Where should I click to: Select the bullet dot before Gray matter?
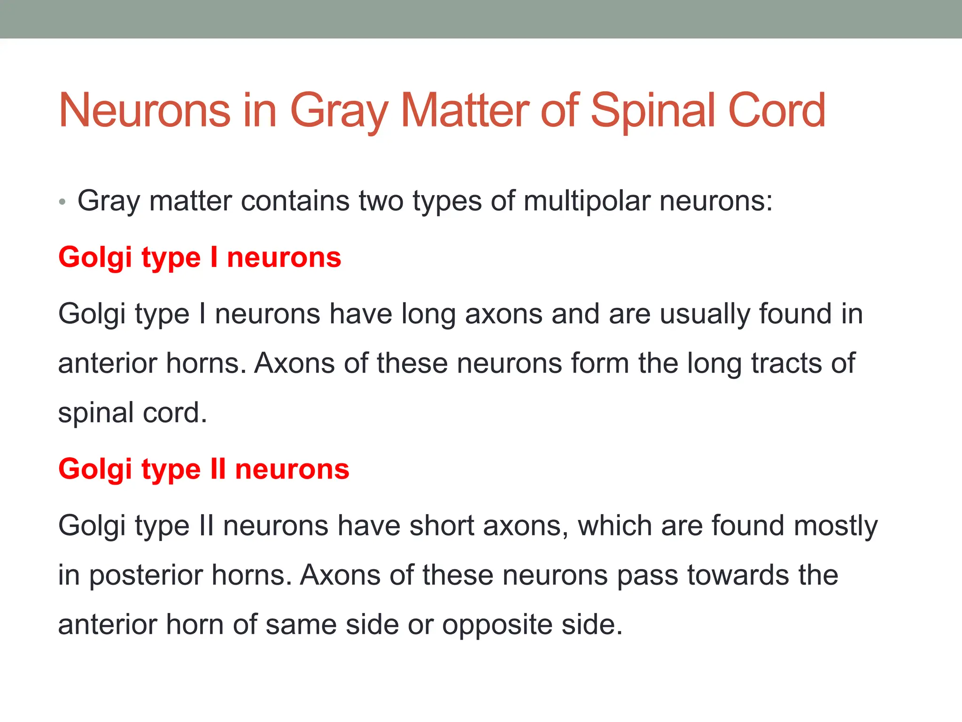(x=62, y=203)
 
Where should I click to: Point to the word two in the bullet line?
(x=381, y=201)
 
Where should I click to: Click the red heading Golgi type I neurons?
(x=200, y=258)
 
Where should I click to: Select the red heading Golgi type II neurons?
(x=204, y=469)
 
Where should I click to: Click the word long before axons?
(x=428, y=314)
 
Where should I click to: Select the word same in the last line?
(x=301, y=625)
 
